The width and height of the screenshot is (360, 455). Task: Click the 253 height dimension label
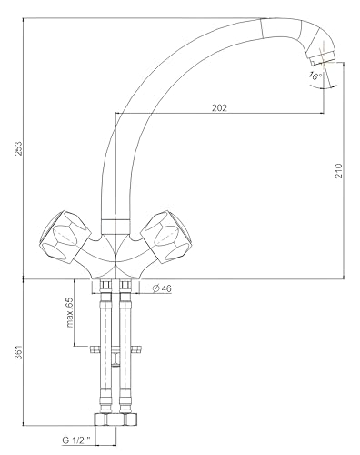[x=19, y=148]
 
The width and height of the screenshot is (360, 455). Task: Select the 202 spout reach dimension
[x=219, y=108]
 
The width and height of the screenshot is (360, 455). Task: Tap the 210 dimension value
[x=338, y=171]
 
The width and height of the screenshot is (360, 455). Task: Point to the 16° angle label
[x=315, y=76]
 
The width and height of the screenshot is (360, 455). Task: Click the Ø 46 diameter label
[x=162, y=288]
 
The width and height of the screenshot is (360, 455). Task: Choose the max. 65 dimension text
[x=69, y=312]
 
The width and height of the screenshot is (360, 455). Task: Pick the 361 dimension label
[x=19, y=352]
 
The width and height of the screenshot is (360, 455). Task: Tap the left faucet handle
[x=65, y=237]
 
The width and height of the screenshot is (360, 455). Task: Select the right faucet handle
[x=167, y=237]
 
